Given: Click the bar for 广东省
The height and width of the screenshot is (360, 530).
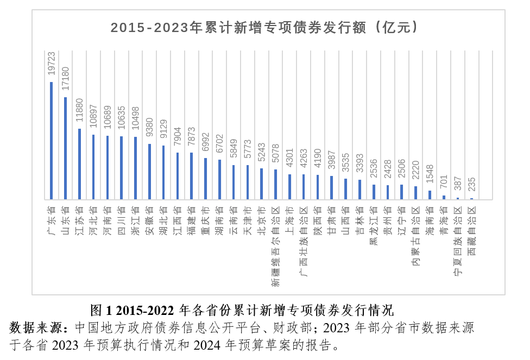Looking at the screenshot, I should click(x=52, y=141).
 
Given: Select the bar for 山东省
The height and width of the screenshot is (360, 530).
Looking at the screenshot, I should click(x=66, y=148).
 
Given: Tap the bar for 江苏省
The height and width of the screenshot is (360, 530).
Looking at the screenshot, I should click(x=79, y=164).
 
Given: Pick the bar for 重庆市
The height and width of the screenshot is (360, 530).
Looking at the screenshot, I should click(x=205, y=179).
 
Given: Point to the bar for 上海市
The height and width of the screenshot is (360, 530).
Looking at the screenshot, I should click(x=289, y=186).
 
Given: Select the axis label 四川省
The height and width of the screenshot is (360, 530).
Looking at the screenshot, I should click(x=122, y=216).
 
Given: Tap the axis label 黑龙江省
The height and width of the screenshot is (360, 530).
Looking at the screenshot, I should click(x=374, y=225).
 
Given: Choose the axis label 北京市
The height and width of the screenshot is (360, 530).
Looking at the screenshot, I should click(x=261, y=216).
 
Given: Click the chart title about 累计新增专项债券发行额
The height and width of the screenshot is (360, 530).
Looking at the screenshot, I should click(x=264, y=27).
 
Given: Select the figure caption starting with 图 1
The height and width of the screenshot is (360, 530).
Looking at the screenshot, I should click(x=241, y=311).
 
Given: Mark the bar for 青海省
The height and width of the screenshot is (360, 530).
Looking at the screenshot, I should click(x=444, y=197).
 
